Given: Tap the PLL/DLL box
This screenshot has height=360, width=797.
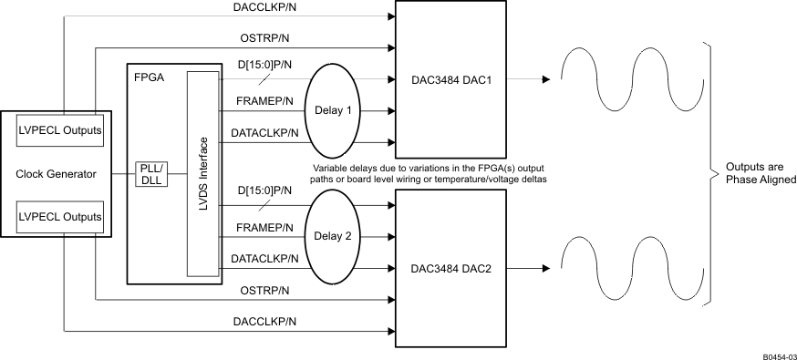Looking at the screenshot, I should (x=150, y=173).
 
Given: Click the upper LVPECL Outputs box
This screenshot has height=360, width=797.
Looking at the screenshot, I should (x=59, y=131).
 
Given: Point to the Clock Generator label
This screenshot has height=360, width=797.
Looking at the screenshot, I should (x=56, y=174).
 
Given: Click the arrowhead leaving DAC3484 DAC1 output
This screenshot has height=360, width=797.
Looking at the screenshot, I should (x=544, y=80).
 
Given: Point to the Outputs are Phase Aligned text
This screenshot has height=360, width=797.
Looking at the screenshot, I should (x=761, y=174).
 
